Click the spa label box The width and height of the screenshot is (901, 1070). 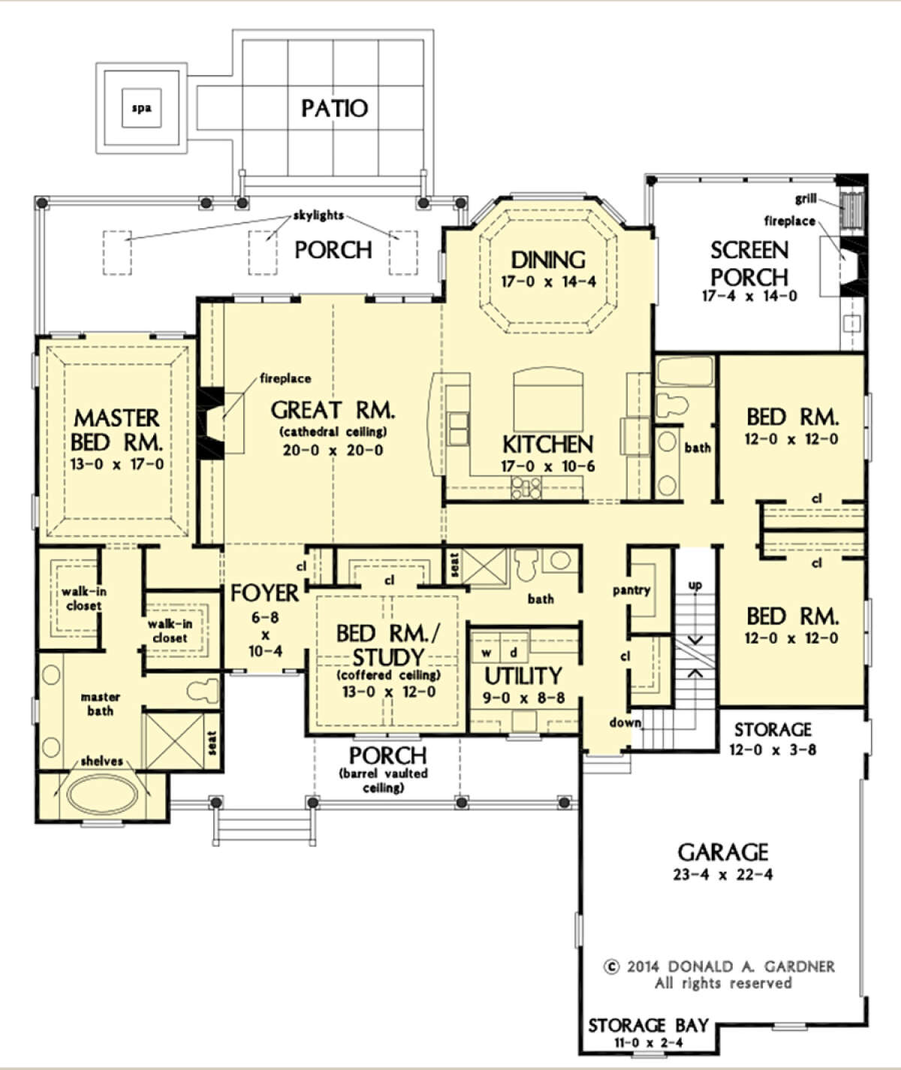(x=141, y=108)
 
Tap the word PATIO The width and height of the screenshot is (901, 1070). (x=334, y=109)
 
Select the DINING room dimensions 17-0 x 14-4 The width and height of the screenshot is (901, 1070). (x=548, y=282)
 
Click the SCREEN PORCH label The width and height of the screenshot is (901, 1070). (x=749, y=264)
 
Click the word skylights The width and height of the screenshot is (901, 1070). (x=318, y=216)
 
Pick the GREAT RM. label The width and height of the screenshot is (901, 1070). (x=333, y=410)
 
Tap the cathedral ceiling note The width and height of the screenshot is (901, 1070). (x=333, y=432)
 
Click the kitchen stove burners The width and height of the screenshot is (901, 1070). (x=526, y=487)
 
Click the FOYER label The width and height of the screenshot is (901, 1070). (x=264, y=593)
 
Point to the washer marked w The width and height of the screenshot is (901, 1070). (x=486, y=653)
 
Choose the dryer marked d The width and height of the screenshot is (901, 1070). (x=514, y=653)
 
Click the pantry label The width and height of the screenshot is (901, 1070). (x=631, y=590)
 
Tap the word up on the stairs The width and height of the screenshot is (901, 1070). (x=695, y=585)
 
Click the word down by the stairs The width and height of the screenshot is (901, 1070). (x=625, y=722)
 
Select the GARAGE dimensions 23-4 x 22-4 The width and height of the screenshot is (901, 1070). (x=722, y=875)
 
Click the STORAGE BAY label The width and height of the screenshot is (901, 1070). (x=648, y=1026)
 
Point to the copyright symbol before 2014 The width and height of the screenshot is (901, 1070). (x=611, y=966)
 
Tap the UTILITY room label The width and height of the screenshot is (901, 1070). (x=523, y=677)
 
